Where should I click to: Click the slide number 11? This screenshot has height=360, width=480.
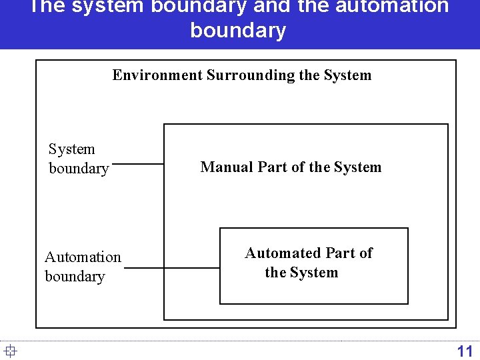(x=465, y=351)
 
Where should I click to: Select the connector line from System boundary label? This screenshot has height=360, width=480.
(x=138, y=163)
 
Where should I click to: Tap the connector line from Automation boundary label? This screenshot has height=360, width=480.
(x=172, y=268)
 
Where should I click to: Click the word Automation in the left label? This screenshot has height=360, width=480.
(x=83, y=257)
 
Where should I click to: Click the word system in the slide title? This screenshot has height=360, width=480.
(x=107, y=7)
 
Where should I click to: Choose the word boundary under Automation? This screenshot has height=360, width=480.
(x=75, y=276)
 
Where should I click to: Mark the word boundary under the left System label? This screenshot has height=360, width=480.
(x=79, y=168)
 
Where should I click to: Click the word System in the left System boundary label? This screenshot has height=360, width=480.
(x=72, y=149)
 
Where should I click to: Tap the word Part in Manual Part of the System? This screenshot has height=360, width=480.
(x=272, y=167)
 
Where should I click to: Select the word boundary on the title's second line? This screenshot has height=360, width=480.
(x=238, y=31)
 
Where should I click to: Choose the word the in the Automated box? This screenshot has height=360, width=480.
(x=275, y=273)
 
